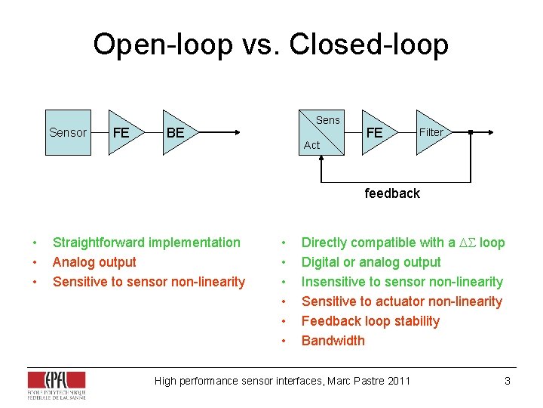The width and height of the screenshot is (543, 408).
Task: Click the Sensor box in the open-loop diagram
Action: coord(68,133)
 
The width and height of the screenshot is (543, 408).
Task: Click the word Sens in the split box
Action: coord(327,120)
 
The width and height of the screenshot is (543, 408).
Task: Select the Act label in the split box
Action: coord(311,145)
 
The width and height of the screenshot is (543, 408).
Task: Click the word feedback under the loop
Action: coord(392,193)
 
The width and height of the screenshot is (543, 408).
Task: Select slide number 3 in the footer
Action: coord(508,381)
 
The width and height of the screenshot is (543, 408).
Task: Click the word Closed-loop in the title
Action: coord(369,45)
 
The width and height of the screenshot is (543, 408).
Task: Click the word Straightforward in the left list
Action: coord(97,243)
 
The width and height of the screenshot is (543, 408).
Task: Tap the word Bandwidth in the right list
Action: coord(333,341)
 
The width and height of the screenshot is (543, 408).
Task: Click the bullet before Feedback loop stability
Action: coord(283,321)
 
